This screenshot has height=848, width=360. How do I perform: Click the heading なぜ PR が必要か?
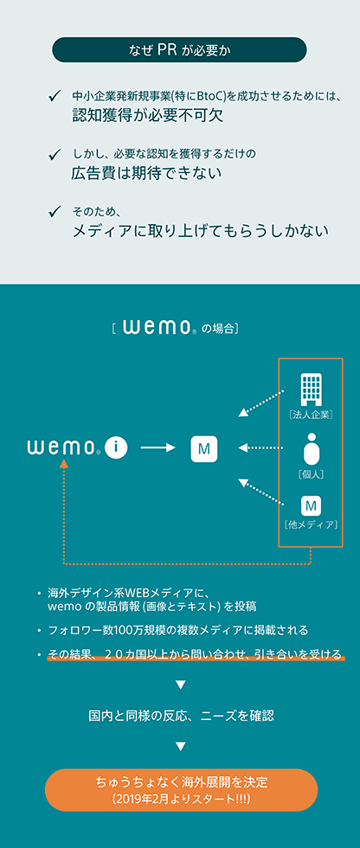coord(179,50)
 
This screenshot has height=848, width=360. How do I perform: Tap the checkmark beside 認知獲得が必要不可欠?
coord(54,97)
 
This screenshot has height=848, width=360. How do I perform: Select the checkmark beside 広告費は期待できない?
coord(54,155)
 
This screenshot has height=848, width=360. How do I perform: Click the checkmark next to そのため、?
coord(54,211)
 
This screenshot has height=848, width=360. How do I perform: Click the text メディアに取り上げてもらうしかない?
coord(201,231)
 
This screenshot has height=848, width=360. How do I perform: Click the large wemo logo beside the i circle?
coord(63,448)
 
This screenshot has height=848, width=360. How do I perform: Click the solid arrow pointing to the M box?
coord(158,448)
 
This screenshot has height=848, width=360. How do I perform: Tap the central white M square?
coord(204,448)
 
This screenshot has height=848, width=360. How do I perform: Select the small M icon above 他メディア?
coord(311,505)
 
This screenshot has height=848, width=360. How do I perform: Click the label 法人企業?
coord(311,415)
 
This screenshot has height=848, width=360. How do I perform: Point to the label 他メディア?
coord(311,524)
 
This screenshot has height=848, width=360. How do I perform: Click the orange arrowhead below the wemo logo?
coord(64,464)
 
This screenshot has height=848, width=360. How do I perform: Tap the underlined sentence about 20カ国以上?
coord(195,654)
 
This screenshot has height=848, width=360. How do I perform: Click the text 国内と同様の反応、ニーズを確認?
coord(181,716)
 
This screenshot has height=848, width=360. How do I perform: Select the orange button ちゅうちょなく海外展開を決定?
coord(181,789)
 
